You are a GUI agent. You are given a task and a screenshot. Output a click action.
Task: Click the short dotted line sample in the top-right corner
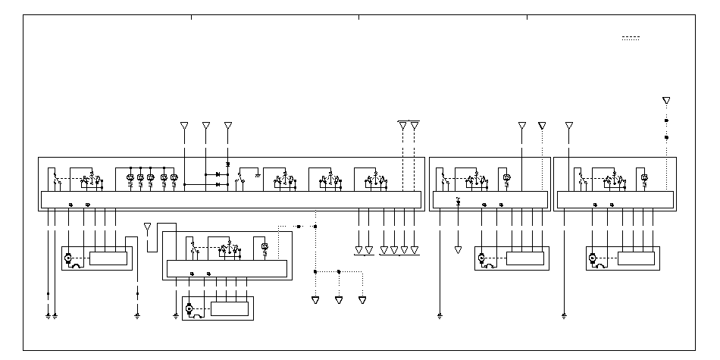pos(631,38)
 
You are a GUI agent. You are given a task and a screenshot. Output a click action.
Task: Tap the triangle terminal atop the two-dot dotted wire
pos(666,100)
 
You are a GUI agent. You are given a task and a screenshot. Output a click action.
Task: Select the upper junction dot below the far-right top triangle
pos(666,121)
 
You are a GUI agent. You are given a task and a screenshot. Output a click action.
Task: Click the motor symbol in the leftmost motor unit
pos(68,258)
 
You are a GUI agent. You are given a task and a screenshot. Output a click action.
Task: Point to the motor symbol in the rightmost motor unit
pos(593,258)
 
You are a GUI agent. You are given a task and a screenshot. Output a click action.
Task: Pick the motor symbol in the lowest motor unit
pos(189,308)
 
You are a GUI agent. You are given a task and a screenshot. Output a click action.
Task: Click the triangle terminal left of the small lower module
pos(147,226)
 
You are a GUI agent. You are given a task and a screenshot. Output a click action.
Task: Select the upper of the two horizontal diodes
pos(218,175)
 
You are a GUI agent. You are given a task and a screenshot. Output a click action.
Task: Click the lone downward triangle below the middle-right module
pos(458,249)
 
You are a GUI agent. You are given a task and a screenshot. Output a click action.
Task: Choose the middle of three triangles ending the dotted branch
pos(339,300)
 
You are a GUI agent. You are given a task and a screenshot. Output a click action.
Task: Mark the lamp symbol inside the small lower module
pos(264,247)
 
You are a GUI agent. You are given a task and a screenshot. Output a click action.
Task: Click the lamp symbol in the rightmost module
pos(644,178)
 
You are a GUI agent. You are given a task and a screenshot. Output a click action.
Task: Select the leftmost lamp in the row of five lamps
pos(130,178)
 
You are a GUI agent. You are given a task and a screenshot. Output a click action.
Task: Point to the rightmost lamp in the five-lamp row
pos(174,178)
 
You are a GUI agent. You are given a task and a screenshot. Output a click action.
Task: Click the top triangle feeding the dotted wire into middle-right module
pos(542,125)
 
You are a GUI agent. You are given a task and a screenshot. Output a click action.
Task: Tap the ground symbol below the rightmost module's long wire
pos(564,314)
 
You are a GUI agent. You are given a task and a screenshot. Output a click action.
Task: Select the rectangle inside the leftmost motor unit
pos(108,258)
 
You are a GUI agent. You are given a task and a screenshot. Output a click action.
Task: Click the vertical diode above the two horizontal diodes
pos(229,163)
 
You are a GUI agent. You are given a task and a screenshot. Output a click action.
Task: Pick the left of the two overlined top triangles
pos(402,126)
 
